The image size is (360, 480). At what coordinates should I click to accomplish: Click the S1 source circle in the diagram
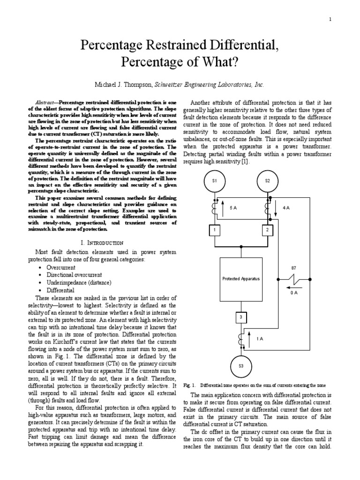click(215, 180)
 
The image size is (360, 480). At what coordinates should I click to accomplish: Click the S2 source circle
click(267, 180)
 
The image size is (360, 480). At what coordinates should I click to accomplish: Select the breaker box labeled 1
click(215, 231)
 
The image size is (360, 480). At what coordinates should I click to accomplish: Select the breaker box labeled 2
click(267, 231)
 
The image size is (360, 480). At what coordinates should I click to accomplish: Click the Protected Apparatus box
click(241, 278)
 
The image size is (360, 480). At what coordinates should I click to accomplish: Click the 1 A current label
click(260, 338)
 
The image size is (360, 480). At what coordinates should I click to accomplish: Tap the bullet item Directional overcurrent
click(74, 275)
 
